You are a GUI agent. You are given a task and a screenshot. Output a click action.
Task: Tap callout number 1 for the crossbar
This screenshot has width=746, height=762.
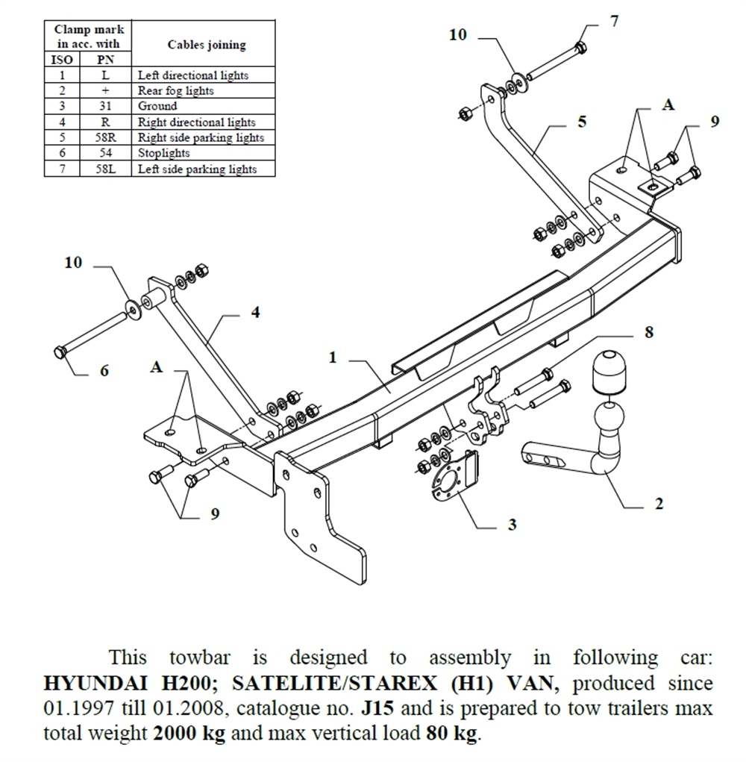coord(333,358)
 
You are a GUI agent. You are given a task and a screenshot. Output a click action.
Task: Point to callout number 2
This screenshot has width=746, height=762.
coord(659,505)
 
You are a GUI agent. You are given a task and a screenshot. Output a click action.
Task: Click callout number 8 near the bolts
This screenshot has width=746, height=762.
coord(649,333)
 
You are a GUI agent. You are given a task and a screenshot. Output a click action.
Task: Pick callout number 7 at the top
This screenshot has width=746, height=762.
coord(614,22)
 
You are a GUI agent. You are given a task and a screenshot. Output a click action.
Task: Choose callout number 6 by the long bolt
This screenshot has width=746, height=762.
coord(104,371)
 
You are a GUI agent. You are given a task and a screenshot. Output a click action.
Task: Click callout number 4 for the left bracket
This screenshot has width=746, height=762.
coord(255,313)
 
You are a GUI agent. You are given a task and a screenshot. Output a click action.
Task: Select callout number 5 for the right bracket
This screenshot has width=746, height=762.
coord(581,122)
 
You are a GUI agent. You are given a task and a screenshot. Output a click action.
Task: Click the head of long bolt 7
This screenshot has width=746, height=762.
coord(581,47)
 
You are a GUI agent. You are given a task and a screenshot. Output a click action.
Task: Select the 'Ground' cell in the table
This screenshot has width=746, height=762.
coord(157,106)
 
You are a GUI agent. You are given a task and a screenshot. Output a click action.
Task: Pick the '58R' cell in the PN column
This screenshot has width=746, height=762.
coord(105,137)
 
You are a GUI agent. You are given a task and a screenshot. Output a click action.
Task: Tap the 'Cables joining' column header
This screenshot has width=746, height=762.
coord(207,45)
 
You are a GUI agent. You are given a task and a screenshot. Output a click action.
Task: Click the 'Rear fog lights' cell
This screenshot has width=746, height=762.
coord(176,90)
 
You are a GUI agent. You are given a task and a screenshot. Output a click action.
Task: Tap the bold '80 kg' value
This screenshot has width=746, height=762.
coord(451,733)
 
